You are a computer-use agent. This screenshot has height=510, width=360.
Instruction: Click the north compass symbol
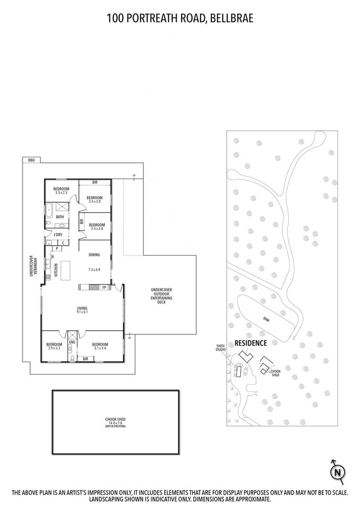coord(337,472)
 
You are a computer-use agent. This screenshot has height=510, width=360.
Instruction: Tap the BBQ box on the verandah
coord(31,160)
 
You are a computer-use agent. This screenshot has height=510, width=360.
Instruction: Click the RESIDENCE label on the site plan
coord(251,343)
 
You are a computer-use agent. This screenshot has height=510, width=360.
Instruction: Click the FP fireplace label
coord(104,288)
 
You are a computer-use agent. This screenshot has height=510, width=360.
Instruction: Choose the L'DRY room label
coord(58,235)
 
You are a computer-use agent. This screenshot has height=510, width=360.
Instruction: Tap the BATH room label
coord(60,217)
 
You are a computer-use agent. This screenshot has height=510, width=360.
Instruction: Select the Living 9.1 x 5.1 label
coord(82,310)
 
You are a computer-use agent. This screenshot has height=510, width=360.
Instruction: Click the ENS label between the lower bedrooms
coord(72,342)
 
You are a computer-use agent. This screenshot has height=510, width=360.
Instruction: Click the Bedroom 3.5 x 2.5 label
coord(61,191)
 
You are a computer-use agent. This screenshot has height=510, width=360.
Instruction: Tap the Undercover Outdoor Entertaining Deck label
coord(161,296)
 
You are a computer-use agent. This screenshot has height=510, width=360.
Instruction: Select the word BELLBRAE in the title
coord(232,18)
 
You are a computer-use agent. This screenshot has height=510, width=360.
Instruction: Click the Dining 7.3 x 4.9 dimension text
coord(94,269)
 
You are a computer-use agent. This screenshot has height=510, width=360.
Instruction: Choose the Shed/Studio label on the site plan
coord(220,348)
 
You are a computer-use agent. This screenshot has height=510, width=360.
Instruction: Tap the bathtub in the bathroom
coord(49,210)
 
